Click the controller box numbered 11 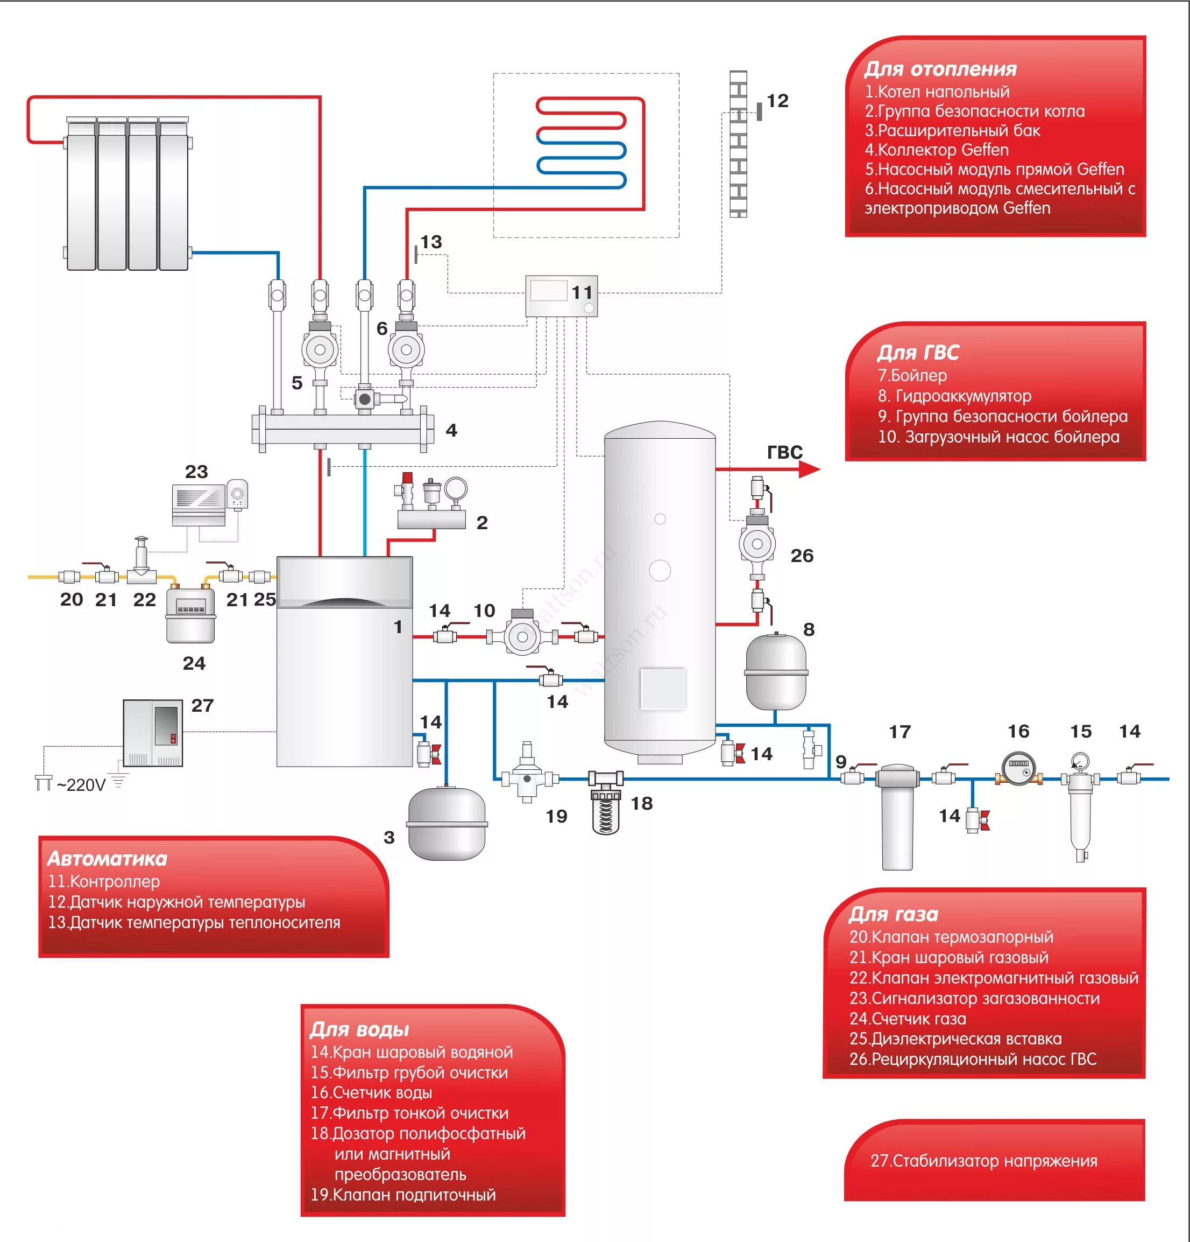(x=561, y=296)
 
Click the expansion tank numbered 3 (x=447, y=823)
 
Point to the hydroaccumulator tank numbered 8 (x=776, y=672)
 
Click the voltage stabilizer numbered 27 (x=153, y=733)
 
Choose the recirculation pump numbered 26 (x=756, y=543)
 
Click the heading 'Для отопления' (x=940, y=69)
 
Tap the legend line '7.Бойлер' (x=912, y=376)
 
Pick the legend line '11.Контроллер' (x=104, y=881)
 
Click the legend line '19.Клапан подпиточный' (x=403, y=1195)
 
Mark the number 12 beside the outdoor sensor (x=778, y=101)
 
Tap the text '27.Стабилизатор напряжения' (x=983, y=1161)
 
